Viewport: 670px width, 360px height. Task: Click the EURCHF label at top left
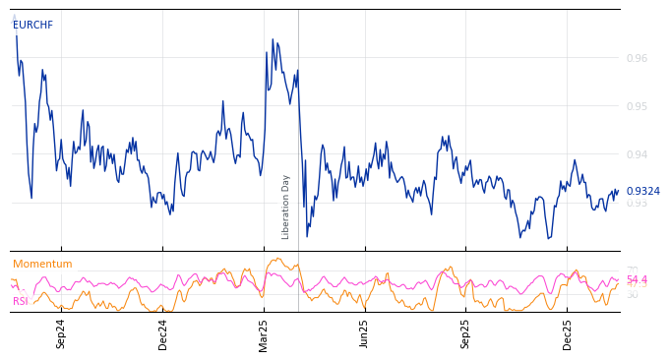pos(32,26)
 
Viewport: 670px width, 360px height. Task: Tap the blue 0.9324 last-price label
pos(642,192)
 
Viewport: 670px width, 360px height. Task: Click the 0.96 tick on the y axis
pos(637,59)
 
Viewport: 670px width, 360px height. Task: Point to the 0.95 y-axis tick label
pos(637,106)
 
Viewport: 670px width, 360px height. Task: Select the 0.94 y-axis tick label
pos(637,154)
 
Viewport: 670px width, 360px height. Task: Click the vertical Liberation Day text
pos(286,207)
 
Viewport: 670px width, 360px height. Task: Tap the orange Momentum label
pos(42,265)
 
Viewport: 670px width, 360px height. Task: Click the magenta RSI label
pos(21,301)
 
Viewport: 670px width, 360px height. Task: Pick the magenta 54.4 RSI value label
pos(637,280)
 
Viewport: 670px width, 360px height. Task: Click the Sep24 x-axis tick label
pos(61,333)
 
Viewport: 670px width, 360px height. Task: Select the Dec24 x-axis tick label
pos(163,333)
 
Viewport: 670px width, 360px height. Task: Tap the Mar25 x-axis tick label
pos(264,333)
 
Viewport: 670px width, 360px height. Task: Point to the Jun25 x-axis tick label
pos(364,333)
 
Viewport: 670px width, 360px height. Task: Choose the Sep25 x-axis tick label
pos(465,333)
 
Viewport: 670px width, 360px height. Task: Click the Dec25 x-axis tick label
pos(568,333)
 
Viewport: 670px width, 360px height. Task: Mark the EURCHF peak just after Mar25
pos(273,39)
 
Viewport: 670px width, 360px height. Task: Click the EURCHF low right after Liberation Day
pos(307,236)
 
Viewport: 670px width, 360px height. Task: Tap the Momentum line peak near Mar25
pos(278,259)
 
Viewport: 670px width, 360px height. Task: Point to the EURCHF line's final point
pos(619,191)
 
